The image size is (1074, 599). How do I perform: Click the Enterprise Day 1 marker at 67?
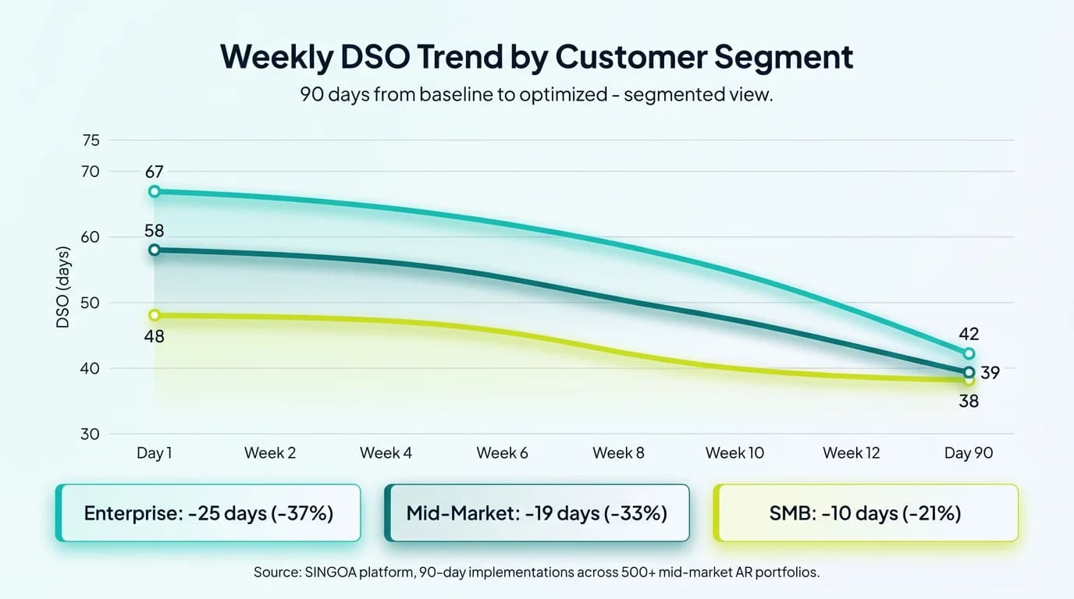tap(155, 191)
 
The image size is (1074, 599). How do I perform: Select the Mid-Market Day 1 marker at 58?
tap(155, 250)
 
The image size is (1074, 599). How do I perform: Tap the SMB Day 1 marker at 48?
tap(155, 315)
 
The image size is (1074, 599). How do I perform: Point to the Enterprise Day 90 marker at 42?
tap(969, 353)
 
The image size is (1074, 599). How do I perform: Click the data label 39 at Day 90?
tap(990, 373)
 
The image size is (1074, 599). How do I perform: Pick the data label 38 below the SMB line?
tap(969, 402)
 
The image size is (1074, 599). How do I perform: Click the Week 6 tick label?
tap(502, 453)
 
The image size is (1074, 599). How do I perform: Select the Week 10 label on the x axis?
tap(734, 453)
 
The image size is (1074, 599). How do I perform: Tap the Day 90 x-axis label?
tap(969, 453)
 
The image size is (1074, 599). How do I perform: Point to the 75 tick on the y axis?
tap(91, 140)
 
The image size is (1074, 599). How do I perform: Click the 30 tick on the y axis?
tap(91, 434)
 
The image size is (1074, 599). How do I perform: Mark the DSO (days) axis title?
tap(63, 287)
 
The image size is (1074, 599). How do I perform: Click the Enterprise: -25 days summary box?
tap(208, 513)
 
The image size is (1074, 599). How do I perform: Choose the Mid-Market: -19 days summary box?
tap(537, 513)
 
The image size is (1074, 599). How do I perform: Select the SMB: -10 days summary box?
tap(866, 513)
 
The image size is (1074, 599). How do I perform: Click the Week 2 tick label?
tap(270, 453)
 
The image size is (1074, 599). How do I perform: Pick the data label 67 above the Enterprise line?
tap(155, 172)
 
